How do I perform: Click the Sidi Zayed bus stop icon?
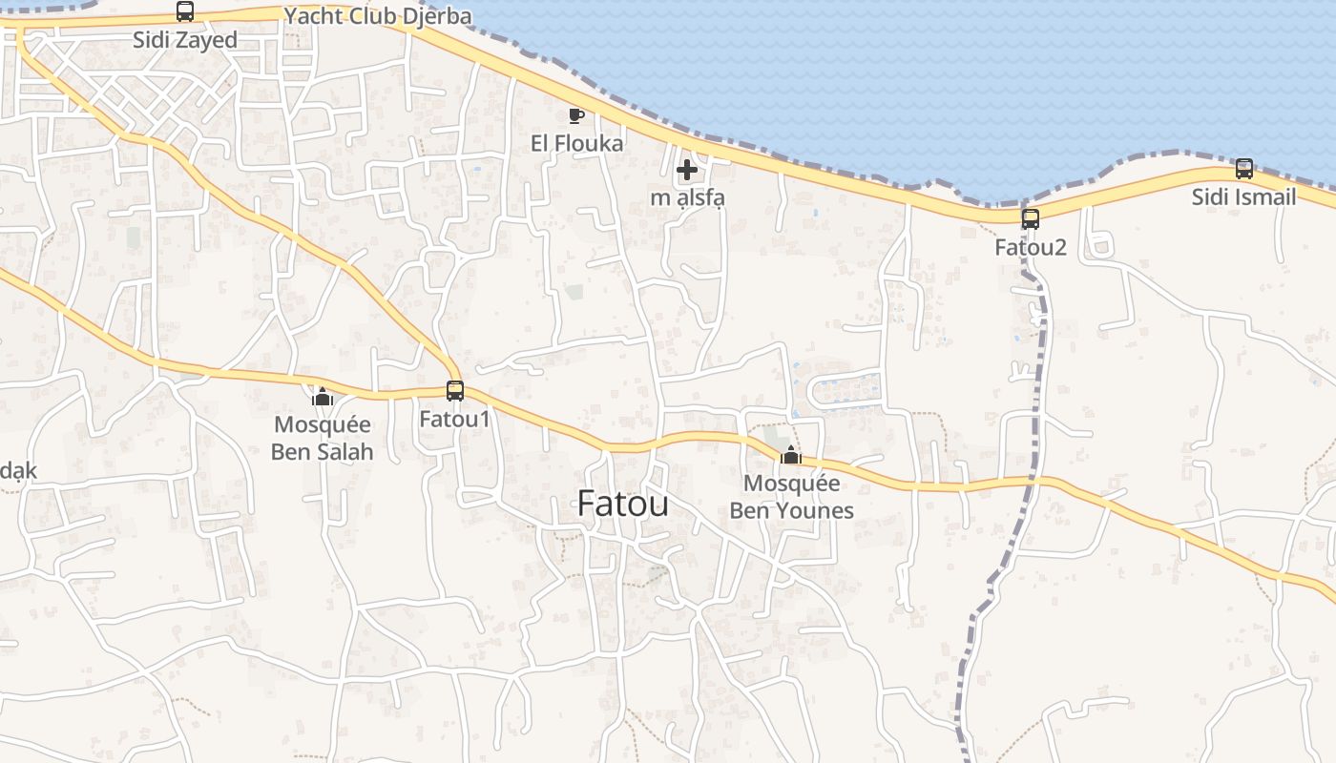pyautogui.click(x=185, y=11)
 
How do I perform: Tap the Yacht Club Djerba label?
pyautogui.click(x=378, y=16)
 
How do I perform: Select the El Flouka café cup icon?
pyautogui.click(x=575, y=115)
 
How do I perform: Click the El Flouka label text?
pyautogui.click(x=577, y=144)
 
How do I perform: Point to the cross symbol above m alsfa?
pyautogui.click(x=686, y=172)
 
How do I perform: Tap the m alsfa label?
pyautogui.click(x=687, y=198)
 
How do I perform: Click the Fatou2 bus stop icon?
pyautogui.click(x=1031, y=219)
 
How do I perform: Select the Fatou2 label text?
pyautogui.click(x=1031, y=248)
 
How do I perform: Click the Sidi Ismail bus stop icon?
pyautogui.click(x=1244, y=169)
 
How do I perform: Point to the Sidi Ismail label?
pyautogui.click(x=1244, y=197)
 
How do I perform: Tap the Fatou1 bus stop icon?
pyautogui.click(x=455, y=391)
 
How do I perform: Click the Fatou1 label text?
pyautogui.click(x=455, y=420)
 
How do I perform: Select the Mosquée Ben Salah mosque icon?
pyautogui.click(x=323, y=397)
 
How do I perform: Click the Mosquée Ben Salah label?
pyautogui.click(x=323, y=438)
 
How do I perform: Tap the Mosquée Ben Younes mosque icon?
pyautogui.click(x=790, y=455)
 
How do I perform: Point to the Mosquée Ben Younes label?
pyautogui.click(x=791, y=497)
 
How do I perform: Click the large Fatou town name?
pyautogui.click(x=623, y=504)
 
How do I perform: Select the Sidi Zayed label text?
pyautogui.click(x=185, y=40)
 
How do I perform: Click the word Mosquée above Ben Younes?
pyautogui.click(x=791, y=484)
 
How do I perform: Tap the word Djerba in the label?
pyautogui.click(x=439, y=16)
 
